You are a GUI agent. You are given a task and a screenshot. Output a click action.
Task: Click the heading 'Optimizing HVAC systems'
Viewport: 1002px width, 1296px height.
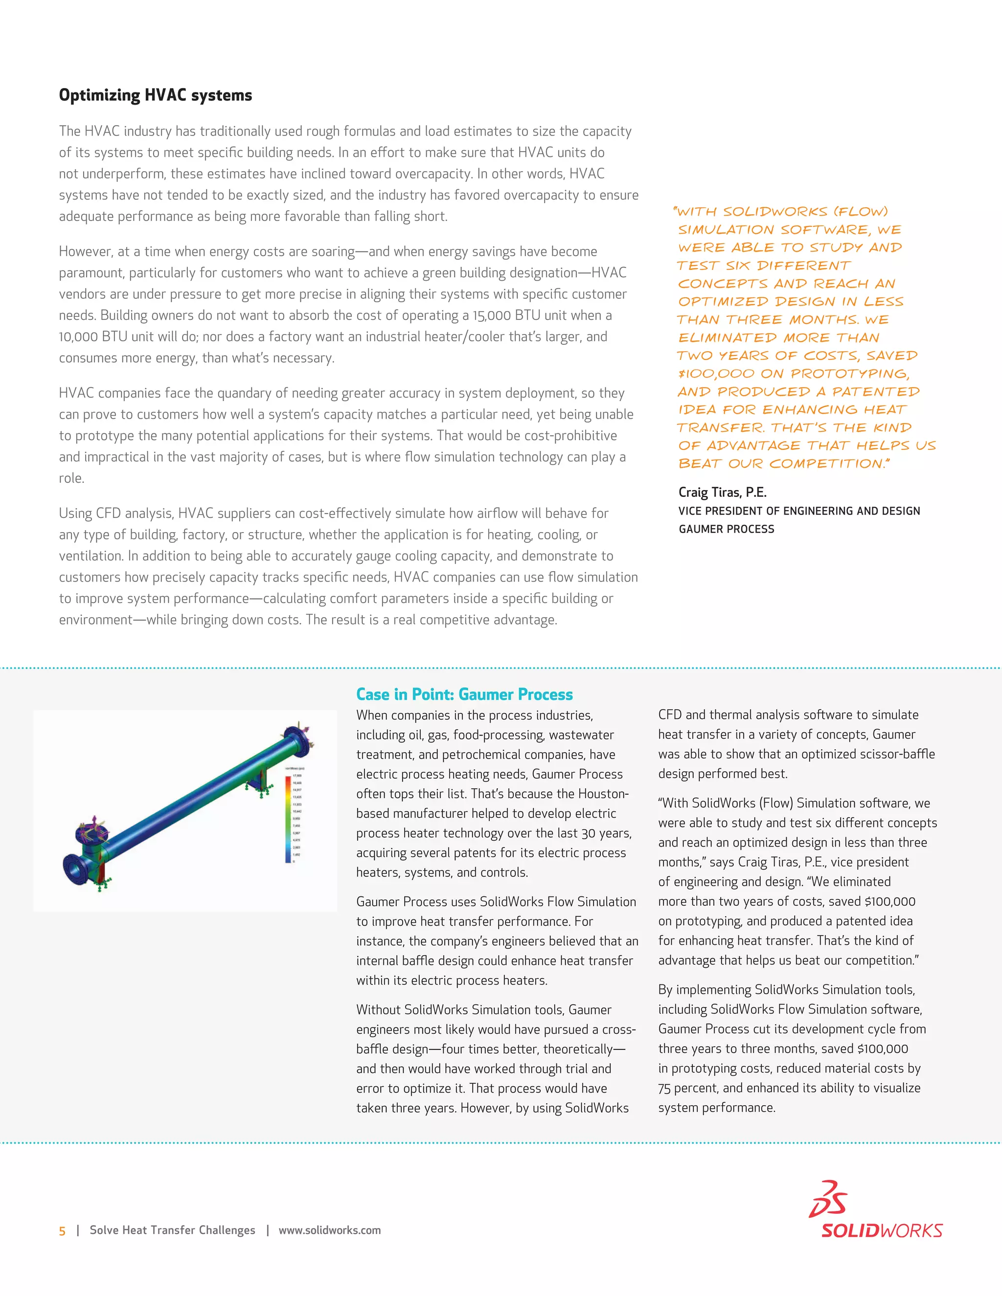(x=155, y=95)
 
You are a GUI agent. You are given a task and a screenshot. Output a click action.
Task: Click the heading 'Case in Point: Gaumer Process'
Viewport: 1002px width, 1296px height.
(x=464, y=694)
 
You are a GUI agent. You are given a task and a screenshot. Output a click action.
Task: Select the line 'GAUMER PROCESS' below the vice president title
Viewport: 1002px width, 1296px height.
(x=726, y=529)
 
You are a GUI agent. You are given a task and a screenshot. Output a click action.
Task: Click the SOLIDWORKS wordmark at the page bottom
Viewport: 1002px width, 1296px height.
(x=882, y=1230)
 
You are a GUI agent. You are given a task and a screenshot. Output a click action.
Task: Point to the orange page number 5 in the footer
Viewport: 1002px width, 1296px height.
(x=62, y=1231)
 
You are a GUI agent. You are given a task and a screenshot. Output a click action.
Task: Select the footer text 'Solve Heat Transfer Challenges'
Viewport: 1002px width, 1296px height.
(x=172, y=1230)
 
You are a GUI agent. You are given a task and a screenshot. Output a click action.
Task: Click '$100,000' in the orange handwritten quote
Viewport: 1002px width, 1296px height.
(x=716, y=374)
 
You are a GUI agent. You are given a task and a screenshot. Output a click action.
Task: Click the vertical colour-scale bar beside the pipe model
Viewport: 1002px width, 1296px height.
(x=289, y=819)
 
